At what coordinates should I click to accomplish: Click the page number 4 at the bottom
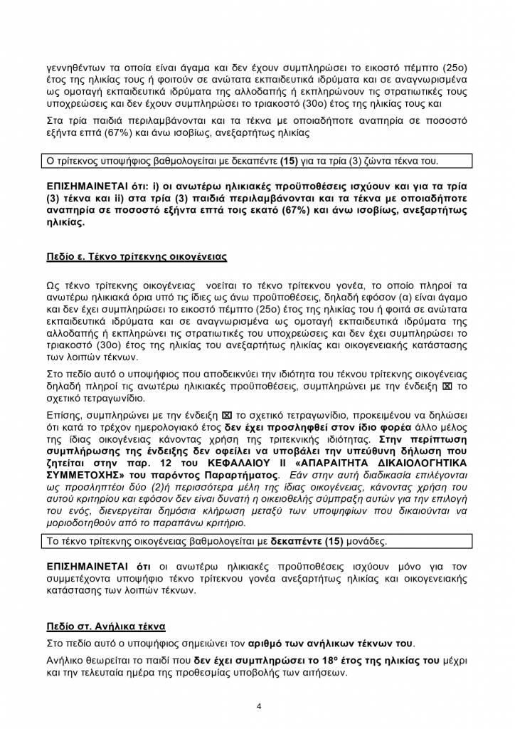(x=259, y=706)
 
